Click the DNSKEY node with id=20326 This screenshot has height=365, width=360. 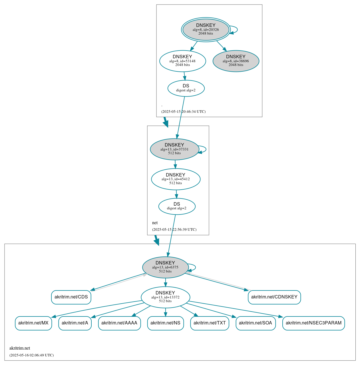pos(206,29)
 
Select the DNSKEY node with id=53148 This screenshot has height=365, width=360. pos(182,61)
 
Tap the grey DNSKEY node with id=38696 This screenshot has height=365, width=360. pos(236,61)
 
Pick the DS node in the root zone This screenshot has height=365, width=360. pos(186,88)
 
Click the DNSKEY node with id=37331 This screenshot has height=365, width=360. pos(174,149)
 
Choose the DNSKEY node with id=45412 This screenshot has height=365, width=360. pos(176,179)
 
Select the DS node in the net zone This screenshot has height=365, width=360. pos(177,206)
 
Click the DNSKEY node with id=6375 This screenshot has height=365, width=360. pos(165,267)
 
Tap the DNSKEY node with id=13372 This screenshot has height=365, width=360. pos(165,297)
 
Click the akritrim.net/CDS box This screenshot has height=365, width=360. pos(71,297)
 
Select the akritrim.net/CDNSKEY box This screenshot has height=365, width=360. pos(274,297)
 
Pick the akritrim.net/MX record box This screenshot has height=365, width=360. pos(33,323)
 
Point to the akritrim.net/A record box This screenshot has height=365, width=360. pos(75,323)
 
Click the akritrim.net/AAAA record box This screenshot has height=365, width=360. pos(119,323)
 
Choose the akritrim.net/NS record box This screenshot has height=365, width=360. pos(165,323)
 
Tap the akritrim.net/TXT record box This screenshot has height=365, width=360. pos(210,323)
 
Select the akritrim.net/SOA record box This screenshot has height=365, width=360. pos(256,323)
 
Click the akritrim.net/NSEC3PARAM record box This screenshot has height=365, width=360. pos(313,323)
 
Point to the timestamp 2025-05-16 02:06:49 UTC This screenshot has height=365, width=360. pos(31,355)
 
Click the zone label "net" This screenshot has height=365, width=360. pos(155,223)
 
